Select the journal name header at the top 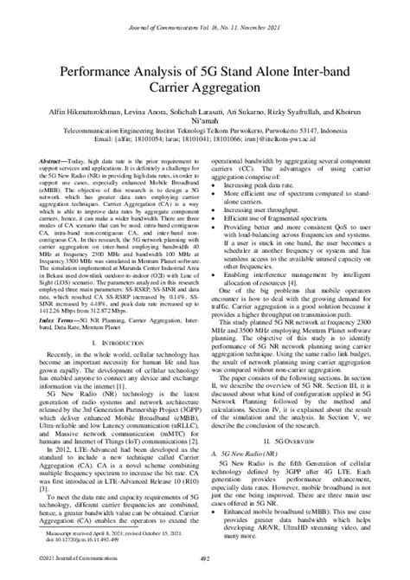click(205, 9)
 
